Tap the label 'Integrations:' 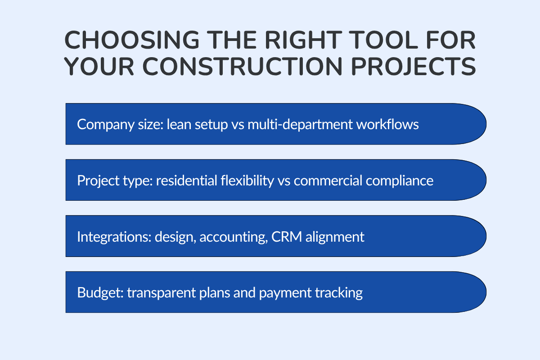point(114,237)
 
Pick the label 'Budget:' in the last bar point(100,293)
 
